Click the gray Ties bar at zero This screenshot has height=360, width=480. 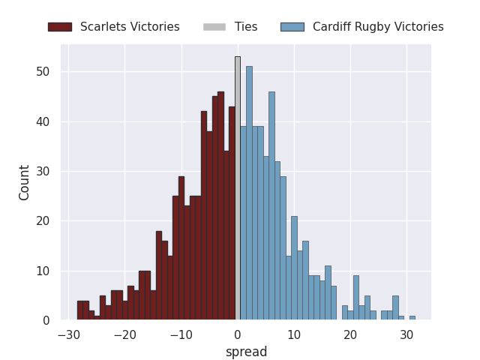[x=238, y=188]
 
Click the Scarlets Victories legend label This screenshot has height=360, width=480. [x=130, y=27]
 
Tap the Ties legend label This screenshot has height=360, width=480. [x=246, y=27]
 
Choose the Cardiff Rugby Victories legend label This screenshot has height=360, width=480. [x=378, y=27]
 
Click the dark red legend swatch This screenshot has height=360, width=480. [x=60, y=27]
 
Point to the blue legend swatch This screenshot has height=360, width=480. [x=292, y=27]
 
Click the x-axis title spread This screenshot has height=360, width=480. [x=246, y=352]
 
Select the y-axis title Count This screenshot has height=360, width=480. [x=25, y=182]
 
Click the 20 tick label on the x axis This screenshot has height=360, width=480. [x=350, y=335]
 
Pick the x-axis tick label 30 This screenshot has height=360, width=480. [x=406, y=335]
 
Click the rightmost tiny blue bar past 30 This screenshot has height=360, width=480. [x=412, y=318]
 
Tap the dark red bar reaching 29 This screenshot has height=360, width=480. [x=181, y=248]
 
